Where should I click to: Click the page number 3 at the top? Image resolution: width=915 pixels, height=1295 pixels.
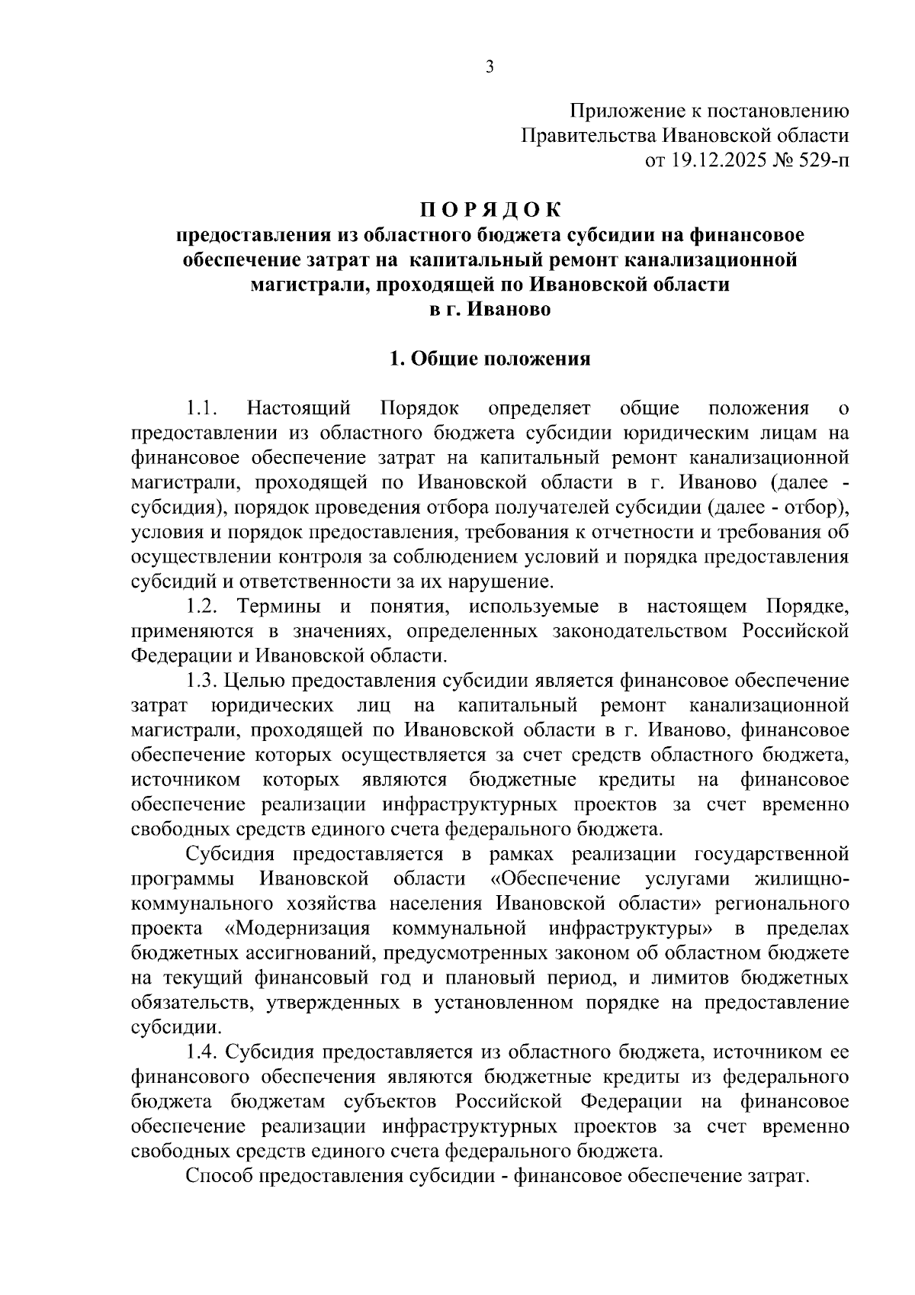490,68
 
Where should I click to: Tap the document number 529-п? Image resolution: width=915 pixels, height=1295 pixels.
819,160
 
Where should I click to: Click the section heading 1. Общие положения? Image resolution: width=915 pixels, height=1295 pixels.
490,359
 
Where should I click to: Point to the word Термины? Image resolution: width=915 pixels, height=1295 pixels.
281,607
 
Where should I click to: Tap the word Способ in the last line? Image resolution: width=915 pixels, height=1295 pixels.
220,1176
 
